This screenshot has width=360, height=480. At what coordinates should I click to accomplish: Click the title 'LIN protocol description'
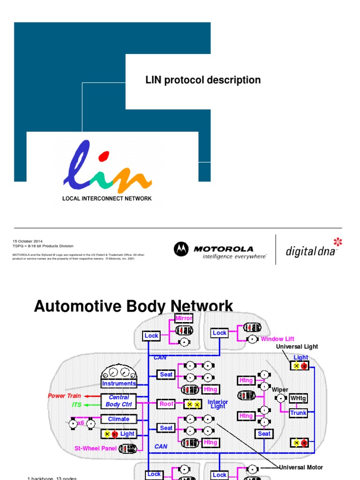coord(203,80)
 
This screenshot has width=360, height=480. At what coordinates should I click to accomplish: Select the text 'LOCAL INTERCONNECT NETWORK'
coord(107,198)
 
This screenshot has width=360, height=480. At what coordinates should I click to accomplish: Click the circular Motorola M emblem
coord(181,249)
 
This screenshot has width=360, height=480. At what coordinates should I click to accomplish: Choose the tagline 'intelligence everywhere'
coord(234,256)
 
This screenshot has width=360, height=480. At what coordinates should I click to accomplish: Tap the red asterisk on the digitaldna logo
coord(337,242)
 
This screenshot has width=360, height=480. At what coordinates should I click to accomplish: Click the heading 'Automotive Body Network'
coord(134,307)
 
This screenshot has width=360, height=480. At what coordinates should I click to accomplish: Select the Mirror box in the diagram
coord(184,319)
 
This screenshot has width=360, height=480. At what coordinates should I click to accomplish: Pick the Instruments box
coord(119,383)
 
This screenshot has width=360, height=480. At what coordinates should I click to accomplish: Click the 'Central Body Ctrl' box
coord(119,401)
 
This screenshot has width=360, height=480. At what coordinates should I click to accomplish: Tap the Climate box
coord(119,419)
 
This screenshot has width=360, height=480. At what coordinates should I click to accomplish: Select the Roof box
coord(166,404)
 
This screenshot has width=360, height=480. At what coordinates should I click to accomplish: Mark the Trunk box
coord(298,413)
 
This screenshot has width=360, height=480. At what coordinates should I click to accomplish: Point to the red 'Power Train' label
coord(64,396)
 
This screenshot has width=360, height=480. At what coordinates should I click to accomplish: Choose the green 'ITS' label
coord(76,405)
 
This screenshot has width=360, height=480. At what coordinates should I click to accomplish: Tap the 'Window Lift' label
coord(277,339)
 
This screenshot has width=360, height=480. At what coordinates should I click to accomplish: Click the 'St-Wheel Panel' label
coord(95,448)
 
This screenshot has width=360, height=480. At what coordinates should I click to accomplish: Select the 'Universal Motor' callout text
coord(301,467)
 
